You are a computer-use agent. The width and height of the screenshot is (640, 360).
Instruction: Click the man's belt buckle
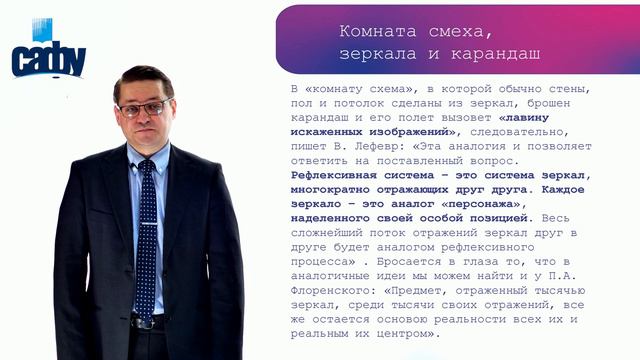point(144,322)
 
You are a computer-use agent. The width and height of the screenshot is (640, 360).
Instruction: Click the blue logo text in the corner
point(48,62)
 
